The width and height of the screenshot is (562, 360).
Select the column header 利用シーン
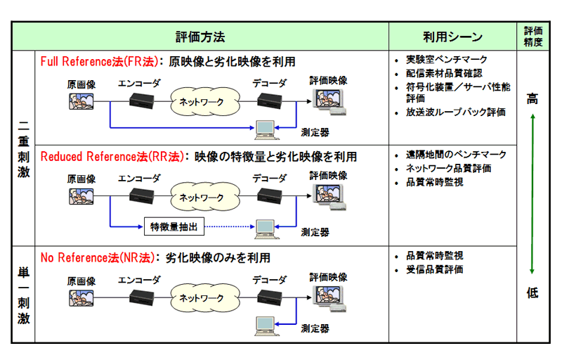[x=452, y=37]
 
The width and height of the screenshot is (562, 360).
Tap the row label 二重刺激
[x=24, y=149]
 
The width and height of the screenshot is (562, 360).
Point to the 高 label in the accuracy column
[x=532, y=100]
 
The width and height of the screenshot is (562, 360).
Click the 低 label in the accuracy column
[x=532, y=293]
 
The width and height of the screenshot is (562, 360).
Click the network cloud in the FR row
[x=202, y=102]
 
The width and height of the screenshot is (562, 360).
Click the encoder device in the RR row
[x=144, y=196]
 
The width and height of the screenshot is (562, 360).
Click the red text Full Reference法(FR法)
[x=98, y=61]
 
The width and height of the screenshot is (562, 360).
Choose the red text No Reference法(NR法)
[x=97, y=257]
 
